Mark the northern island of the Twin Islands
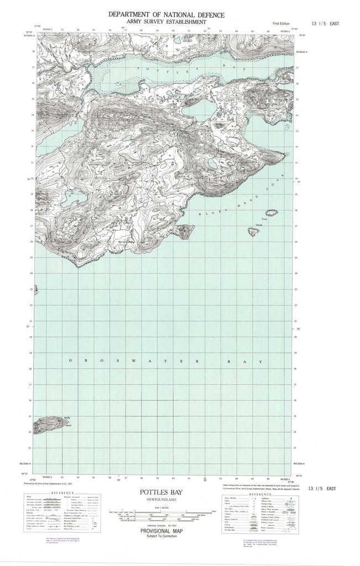(272, 213)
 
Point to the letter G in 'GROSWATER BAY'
(70, 360)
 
